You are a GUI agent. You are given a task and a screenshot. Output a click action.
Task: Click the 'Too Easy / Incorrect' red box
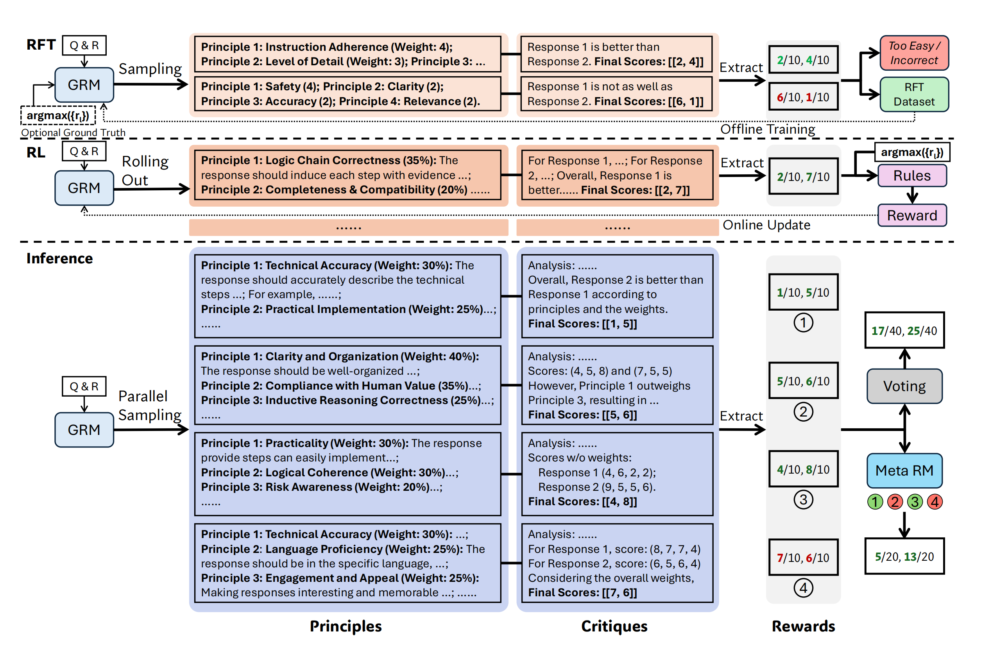(x=914, y=53)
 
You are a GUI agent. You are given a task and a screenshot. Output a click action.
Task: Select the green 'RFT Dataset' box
(x=914, y=94)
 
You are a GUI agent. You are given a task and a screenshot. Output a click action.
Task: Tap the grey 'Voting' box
(x=904, y=386)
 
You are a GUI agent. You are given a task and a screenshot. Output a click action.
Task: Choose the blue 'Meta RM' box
(x=904, y=470)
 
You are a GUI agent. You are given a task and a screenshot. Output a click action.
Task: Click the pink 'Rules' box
(x=911, y=175)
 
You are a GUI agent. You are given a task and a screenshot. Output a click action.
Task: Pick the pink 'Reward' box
(x=911, y=215)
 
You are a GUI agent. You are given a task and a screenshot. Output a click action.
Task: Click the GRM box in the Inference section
(x=84, y=430)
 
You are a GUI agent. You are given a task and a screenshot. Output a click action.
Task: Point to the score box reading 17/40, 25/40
(x=904, y=331)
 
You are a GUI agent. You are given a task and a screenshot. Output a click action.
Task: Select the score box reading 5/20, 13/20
(x=904, y=556)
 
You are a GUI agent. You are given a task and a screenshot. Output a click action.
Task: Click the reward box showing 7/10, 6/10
(x=803, y=557)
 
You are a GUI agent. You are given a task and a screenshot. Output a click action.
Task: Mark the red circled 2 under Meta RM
(x=894, y=502)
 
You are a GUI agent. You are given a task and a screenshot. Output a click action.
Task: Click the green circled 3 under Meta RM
(x=915, y=502)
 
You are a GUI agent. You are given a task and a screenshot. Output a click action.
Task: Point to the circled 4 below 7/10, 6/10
(x=803, y=588)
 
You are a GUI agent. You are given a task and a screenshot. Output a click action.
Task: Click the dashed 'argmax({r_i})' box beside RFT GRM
(x=58, y=115)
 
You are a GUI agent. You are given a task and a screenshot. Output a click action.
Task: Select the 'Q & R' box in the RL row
(x=84, y=151)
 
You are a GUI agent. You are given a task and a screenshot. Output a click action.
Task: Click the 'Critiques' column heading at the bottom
(x=614, y=626)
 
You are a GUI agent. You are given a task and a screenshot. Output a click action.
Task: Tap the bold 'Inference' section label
(x=59, y=258)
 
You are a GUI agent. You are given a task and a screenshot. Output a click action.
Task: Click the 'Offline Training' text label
(x=767, y=129)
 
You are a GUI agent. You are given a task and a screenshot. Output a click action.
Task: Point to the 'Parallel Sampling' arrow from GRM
(x=151, y=430)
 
